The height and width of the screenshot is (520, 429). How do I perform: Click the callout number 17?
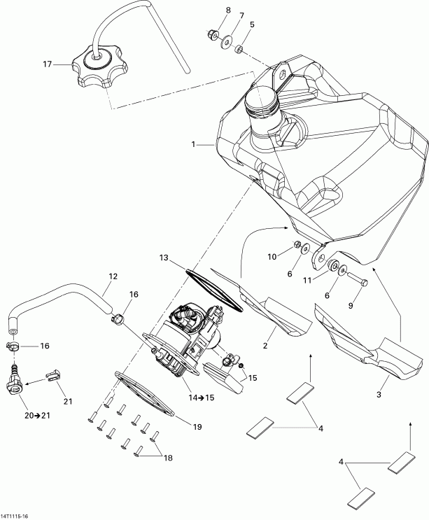(48, 64)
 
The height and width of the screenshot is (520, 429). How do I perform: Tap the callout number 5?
(252, 24)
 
